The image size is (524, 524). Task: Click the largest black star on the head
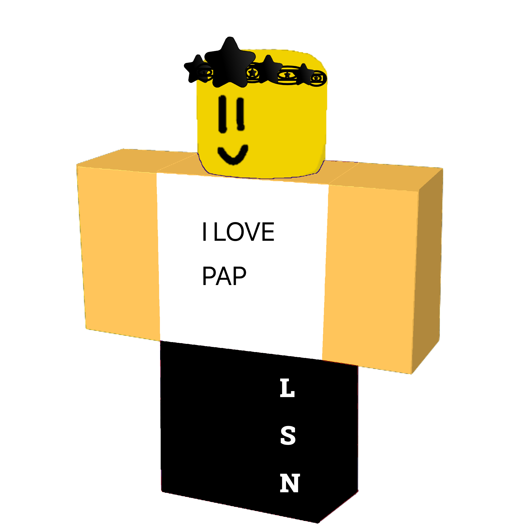point(230,64)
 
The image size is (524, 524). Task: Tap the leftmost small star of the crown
point(197,69)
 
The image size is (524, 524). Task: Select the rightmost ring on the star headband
point(317,78)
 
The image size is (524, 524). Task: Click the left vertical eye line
point(222,114)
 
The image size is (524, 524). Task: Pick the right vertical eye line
point(240,114)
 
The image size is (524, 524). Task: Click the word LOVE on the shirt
point(244,232)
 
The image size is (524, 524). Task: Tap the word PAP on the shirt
point(224,276)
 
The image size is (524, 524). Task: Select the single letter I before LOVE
point(205,232)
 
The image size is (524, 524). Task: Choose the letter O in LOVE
point(235,232)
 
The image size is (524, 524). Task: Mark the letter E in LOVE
point(268,232)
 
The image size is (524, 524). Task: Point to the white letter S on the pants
point(288,435)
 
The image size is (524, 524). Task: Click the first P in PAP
point(209,276)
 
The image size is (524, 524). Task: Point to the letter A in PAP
point(224,276)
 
